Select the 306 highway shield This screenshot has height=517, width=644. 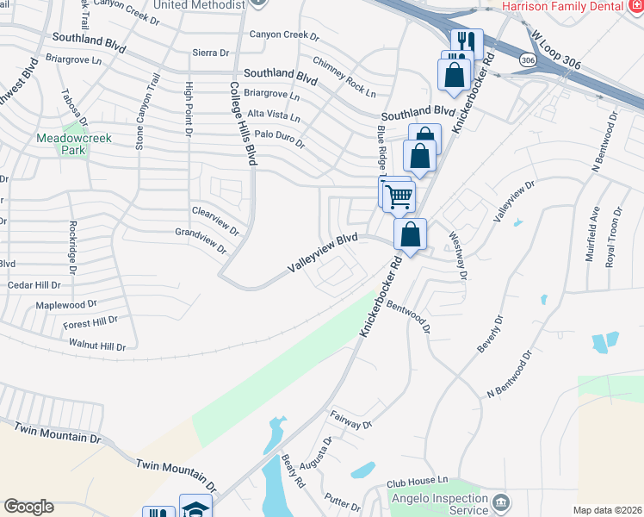[527, 59]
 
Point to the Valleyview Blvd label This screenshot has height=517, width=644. [322, 255]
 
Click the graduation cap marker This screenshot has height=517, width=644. [195, 507]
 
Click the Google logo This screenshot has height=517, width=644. [28, 507]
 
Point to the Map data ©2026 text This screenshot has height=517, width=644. [607, 510]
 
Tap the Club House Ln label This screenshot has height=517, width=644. [418, 480]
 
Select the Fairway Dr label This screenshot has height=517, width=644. [350, 420]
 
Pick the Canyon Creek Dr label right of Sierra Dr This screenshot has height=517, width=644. [284, 35]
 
